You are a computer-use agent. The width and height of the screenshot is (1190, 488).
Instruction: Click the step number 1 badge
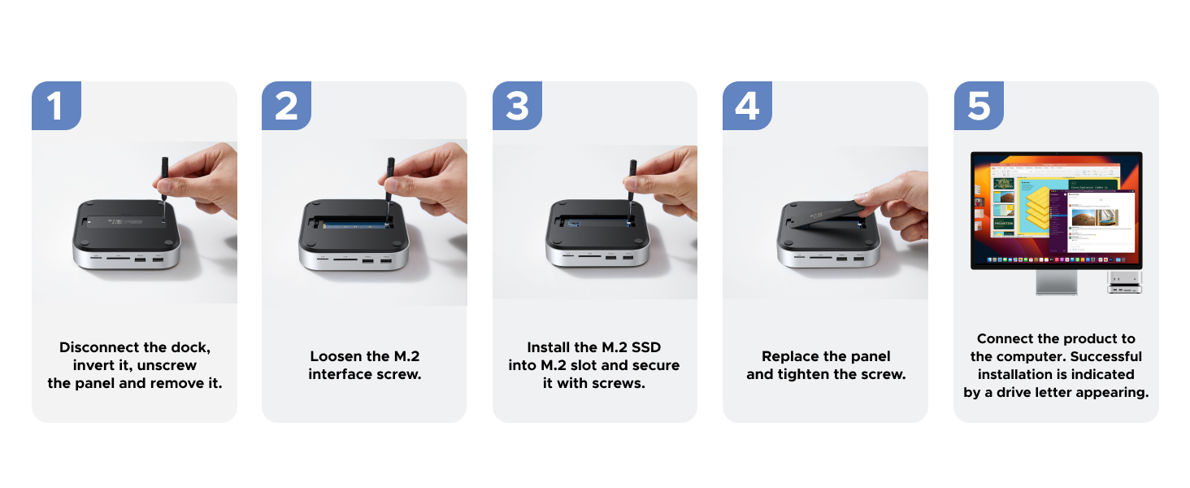pos(55,107)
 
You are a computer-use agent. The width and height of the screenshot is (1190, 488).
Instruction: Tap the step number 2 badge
pos(286,107)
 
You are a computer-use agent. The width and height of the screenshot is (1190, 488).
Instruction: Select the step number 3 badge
pos(517,107)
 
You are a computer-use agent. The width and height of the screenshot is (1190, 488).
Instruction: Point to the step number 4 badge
pos(747,107)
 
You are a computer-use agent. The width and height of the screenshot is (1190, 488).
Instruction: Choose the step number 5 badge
pos(979,107)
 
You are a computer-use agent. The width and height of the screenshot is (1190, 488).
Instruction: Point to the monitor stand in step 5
pos(1057,282)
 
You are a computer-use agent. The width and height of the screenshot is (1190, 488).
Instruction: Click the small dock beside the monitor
pos(1124,282)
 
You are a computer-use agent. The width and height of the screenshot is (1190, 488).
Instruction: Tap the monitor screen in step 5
pos(1057,210)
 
